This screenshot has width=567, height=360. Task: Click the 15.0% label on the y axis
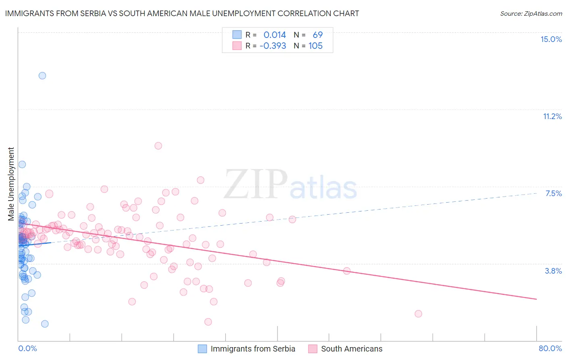pos(551,39)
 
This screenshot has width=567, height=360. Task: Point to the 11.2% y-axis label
pos(552,116)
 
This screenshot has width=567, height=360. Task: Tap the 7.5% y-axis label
pos(553,193)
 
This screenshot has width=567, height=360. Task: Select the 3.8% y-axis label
pos(553,271)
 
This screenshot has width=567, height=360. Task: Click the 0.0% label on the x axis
pos(27,348)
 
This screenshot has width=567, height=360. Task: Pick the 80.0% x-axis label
pos(550,348)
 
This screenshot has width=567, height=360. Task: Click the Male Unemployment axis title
pos(11,184)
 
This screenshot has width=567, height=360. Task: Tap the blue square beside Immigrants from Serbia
pos(202,349)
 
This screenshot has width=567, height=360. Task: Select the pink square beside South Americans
pos(313,349)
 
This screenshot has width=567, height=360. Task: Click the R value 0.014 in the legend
pos(274,35)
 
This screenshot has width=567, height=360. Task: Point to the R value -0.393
pos(273,46)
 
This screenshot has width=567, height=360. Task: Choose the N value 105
pos(315,46)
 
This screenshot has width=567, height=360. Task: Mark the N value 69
pos(317,35)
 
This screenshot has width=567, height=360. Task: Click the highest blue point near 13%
pos(42,75)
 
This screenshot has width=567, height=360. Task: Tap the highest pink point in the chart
pos(158,146)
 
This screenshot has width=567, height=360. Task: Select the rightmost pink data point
pos(418,314)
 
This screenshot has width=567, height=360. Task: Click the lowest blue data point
pos(45,324)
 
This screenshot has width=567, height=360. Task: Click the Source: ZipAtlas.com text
pos(531,14)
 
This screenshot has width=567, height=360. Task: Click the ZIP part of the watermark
pos(256,184)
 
